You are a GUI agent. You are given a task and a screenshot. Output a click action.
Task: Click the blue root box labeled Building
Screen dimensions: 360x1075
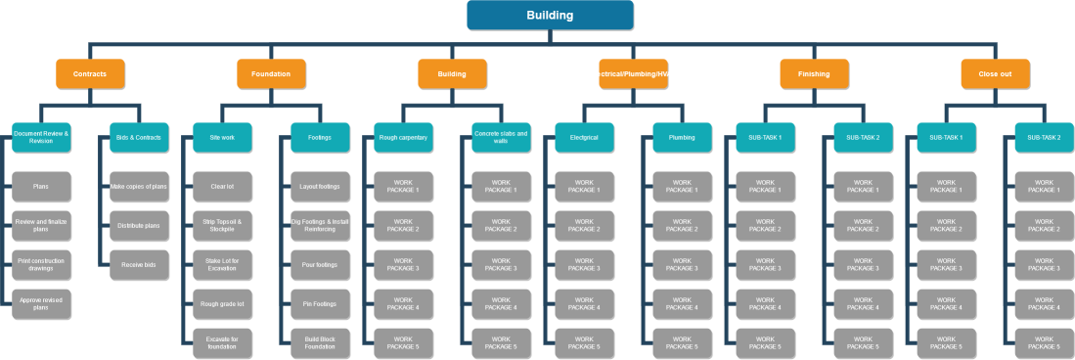(550, 15)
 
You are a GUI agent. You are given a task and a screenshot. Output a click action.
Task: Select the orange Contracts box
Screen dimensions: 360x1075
(90, 73)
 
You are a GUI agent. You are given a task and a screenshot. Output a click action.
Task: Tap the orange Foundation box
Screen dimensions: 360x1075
(271, 73)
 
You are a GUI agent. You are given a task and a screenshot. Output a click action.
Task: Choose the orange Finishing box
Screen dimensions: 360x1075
(814, 73)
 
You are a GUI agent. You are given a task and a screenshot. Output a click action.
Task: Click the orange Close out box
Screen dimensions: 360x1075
(995, 73)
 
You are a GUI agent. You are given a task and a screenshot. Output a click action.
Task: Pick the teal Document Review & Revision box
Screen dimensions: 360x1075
(42, 137)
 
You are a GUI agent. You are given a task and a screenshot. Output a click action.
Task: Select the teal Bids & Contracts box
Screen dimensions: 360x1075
(139, 137)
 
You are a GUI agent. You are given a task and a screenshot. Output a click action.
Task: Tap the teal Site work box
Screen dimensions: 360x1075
(223, 137)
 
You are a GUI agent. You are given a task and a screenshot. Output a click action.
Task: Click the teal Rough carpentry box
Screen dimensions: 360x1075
(403, 137)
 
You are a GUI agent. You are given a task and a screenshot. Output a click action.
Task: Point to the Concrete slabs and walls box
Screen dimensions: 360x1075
(501, 137)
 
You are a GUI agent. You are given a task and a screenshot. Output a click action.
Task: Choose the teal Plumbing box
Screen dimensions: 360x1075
(682, 137)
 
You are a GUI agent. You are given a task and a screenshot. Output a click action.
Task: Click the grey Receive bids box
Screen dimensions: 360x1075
(139, 264)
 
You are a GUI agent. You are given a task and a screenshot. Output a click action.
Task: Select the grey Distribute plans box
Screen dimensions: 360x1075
(139, 225)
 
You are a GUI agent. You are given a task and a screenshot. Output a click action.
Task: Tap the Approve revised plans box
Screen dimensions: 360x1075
(42, 303)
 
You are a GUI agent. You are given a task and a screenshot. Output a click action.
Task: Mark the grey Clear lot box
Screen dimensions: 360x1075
(223, 186)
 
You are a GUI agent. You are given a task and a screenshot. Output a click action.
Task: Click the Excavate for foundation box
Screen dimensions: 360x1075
(223, 342)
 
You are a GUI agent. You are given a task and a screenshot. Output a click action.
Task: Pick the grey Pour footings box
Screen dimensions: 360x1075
(320, 264)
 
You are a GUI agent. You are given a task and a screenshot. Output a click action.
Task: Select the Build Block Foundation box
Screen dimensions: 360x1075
(320, 342)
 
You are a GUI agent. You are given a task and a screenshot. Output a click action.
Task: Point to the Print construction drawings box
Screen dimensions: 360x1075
(42, 264)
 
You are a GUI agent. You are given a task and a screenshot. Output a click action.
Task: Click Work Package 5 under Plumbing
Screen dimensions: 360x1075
(682, 342)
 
